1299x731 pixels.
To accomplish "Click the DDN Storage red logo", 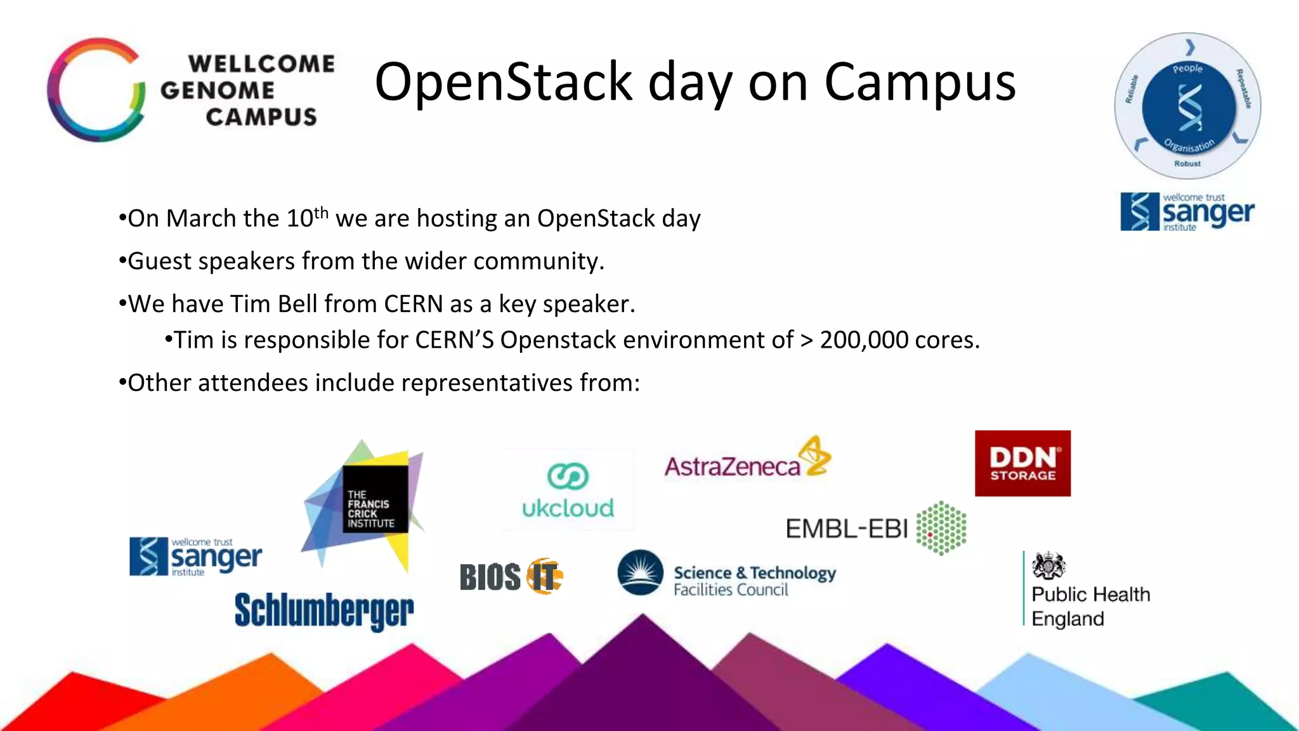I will (1022, 463).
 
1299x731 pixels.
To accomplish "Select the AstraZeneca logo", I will (747, 460).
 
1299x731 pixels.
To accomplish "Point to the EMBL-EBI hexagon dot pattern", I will (942, 528).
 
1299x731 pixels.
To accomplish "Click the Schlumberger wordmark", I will (324, 611).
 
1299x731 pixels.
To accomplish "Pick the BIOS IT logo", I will (511, 576).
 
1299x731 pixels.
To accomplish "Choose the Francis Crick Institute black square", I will (375, 499).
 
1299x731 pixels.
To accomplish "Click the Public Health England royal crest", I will (1048, 565).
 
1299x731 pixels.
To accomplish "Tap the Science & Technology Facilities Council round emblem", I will (641, 572).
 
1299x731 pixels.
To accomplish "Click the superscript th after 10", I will (321, 212).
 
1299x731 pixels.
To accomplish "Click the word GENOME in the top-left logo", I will (218, 90).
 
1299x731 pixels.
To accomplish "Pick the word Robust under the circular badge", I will (1187, 164).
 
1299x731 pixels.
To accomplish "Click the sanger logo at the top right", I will (1187, 212).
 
